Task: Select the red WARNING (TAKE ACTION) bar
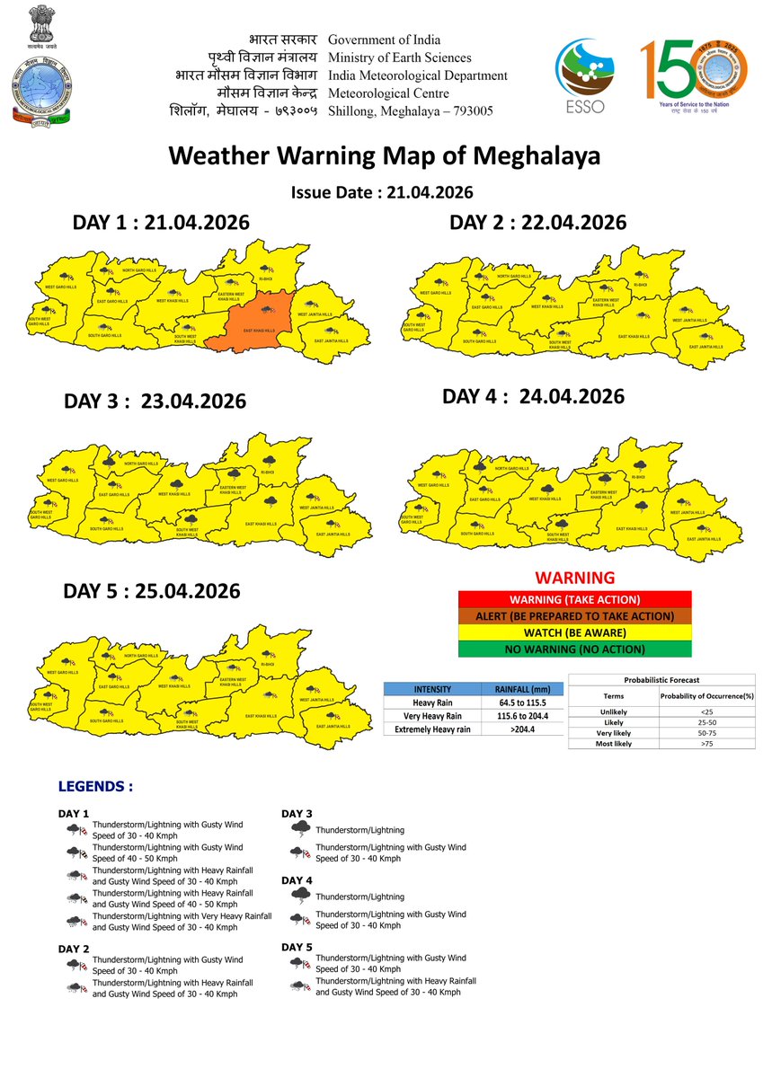pyautogui.click(x=574, y=599)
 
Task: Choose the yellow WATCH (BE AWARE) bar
pyautogui.click(x=574, y=632)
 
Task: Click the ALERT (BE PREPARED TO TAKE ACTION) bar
pyautogui.click(x=574, y=616)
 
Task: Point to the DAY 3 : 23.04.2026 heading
pyautogui.click(x=155, y=402)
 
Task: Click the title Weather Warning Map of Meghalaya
pyautogui.click(x=384, y=155)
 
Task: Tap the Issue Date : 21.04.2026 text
pyautogui.click(x=382, y=192)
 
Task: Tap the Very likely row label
pyautogui.click(x=613, y=733)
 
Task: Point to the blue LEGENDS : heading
pyautogui.click(x=95, y=786)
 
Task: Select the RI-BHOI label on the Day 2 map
pyautogui.click(x=641, y=284)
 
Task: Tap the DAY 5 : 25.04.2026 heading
pyautogui.click(x=152, y=591)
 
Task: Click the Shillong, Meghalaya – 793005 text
pyautogui.click(x=411, y=111)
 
